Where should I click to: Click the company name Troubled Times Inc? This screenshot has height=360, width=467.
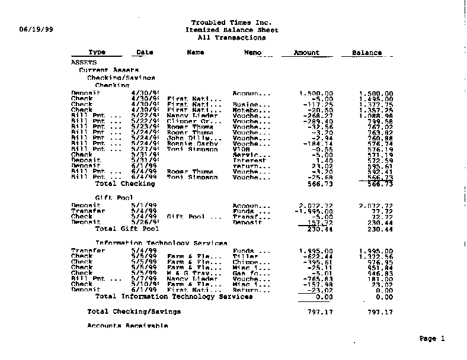tap(232, 22)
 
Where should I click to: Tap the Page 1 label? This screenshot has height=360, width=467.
tap(432, 339)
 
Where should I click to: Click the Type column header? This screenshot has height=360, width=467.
tap(97, 53)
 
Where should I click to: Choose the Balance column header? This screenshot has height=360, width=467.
tap(367, 53)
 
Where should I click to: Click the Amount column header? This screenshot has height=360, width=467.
tap(306, 53)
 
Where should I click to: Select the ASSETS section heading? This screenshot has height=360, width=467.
tap(84, 62)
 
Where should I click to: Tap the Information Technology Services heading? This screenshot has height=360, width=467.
tap(161, 243)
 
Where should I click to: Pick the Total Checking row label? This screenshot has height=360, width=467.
tap(125, 184)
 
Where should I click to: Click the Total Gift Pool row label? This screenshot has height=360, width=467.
tap(127, 229)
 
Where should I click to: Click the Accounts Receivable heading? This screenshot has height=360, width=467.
tap(127, 326)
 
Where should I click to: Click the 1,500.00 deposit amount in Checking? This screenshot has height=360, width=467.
tap(316, 94)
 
